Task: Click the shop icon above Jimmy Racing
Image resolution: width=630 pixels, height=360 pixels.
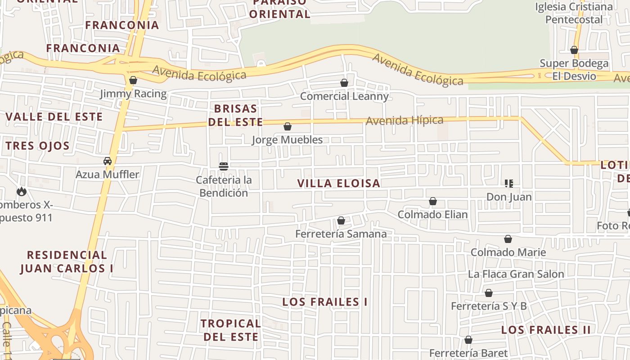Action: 133,81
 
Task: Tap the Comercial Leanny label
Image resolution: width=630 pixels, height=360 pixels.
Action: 344,96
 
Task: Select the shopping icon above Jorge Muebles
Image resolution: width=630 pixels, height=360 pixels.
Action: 288,126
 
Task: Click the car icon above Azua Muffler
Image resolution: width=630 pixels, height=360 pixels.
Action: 108,161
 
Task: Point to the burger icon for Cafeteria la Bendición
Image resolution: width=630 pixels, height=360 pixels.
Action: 224,166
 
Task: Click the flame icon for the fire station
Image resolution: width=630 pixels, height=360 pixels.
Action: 21,192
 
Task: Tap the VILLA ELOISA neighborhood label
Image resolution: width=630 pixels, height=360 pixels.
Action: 339,183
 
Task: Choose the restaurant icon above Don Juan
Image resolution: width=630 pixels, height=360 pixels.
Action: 509,183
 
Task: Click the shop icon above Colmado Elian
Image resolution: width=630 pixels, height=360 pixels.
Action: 433,201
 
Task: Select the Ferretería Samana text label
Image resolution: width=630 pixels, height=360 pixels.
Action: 341,234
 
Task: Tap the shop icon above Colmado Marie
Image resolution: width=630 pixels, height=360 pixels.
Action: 508,239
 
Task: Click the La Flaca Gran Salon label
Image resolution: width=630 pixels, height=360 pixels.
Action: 516,274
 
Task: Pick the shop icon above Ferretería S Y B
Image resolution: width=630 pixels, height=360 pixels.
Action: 489,293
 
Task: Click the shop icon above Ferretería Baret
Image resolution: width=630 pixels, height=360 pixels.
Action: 468,340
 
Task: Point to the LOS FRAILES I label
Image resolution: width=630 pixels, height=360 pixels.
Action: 325,302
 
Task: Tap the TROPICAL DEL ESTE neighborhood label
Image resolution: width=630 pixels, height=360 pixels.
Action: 231,330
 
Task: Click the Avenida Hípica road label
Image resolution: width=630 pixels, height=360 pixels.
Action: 405,121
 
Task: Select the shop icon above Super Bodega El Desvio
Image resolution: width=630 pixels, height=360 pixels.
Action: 574,50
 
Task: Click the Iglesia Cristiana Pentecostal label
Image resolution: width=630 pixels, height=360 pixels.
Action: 574,13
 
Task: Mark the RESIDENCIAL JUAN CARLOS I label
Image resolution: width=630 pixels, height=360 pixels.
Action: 67,261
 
